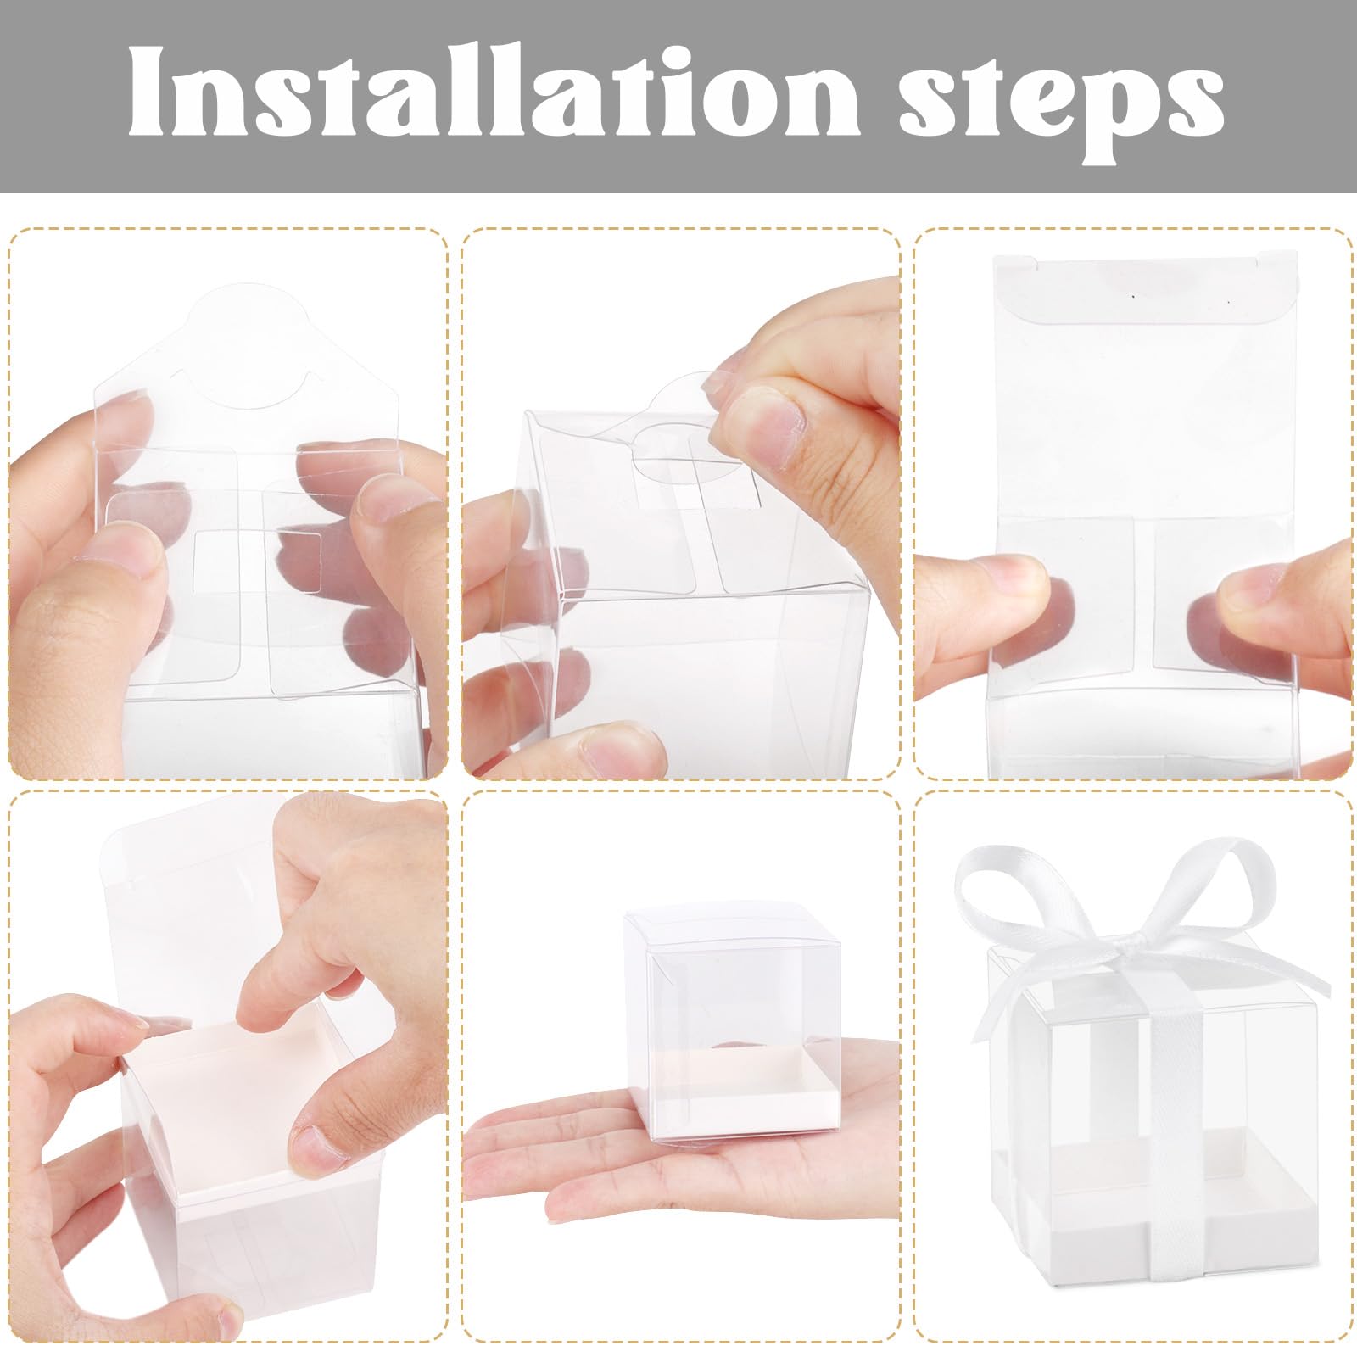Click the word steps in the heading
(x=1061, y=101)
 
